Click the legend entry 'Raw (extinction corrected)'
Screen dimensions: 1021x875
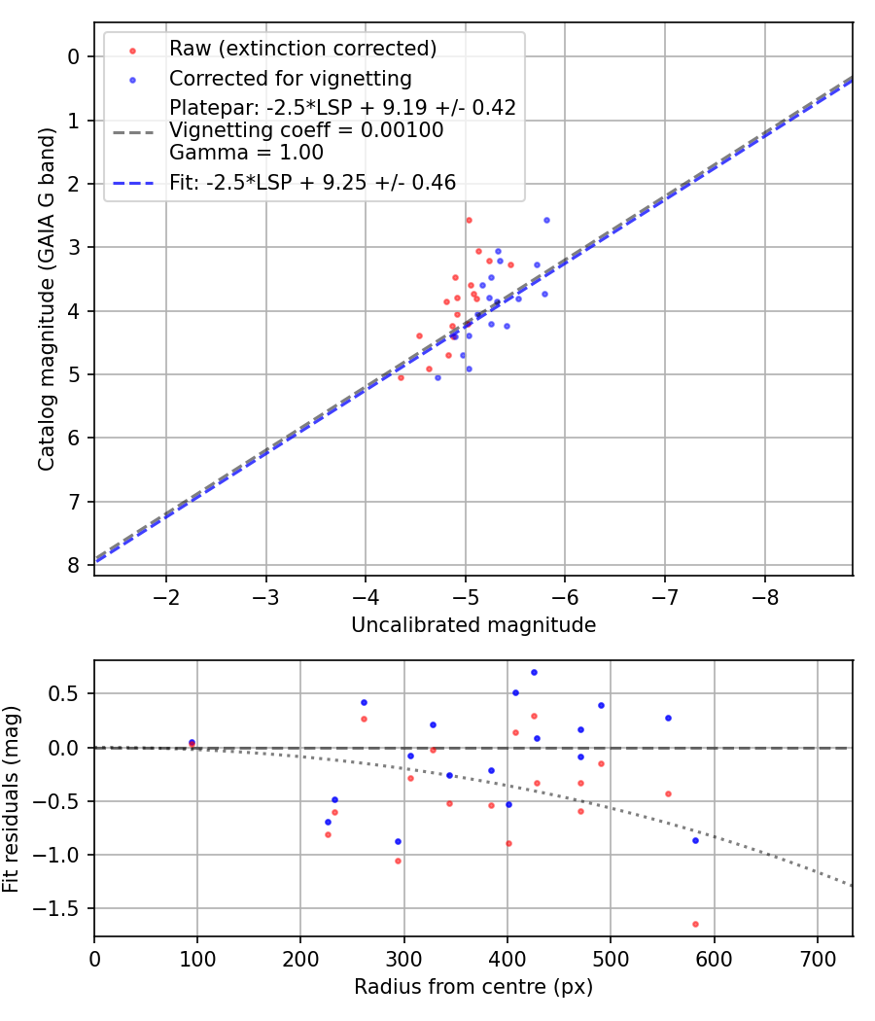[302, 49]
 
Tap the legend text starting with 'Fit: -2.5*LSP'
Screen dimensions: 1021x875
[312, 182]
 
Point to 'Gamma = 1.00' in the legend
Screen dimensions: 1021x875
[246, 153]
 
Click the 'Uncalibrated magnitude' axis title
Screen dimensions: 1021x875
[473, 625]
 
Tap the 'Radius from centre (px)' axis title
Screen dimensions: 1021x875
[473, 987]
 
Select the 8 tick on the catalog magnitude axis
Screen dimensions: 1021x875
[74, 565]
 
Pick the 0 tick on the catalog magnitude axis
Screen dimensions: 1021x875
[74, 56]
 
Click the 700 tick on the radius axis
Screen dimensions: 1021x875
[818, 957]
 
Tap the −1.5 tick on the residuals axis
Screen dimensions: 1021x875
[63, 908]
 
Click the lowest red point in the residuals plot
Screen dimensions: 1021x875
[695, 924]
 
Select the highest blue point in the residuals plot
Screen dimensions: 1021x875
[534, 672]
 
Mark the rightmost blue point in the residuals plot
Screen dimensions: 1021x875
[695, 840]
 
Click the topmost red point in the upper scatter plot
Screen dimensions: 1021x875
[469, 220]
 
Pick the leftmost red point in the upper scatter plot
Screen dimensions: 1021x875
[401, 376]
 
